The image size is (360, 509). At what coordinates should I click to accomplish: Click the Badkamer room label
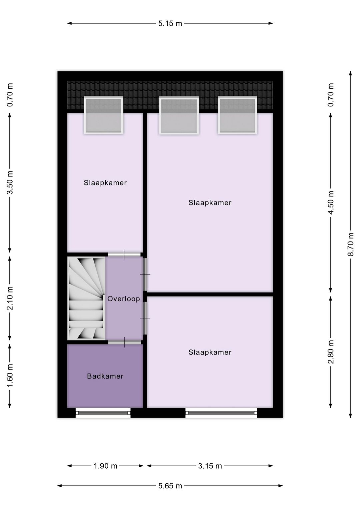pyautogui.click(x=105, y=376)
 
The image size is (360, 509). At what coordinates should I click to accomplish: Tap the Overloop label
pyautogui.click(x=123, y=299)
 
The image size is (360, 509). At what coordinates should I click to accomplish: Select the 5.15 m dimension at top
pyautogui.click(x=170, y=24)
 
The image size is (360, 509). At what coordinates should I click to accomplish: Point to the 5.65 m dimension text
pyautogui.click(x=170, y=486)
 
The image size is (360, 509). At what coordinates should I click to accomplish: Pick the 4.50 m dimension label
pyautogui.click(x=331, y=203)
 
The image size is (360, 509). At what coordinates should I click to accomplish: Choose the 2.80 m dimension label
pyautogui.click(x=331, y=352)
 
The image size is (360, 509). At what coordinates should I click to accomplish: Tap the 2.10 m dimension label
pyautogui.click(x=10, y=298)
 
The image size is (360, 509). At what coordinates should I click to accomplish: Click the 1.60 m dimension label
pyautogui.click(x=10, y=376)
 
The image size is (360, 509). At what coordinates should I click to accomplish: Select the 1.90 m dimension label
pyautogui.click(x=105, y=466)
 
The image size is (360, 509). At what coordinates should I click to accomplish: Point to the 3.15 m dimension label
pyautogui.click(x=210, y=466)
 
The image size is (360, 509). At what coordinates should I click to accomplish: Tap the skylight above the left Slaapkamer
pyautogui.click(x=104, y=115)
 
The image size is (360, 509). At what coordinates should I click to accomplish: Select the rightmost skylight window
pyautogui.click(x=238, y=115)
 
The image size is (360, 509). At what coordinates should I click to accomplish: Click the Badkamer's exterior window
pyautogui.click(x=103, y=413)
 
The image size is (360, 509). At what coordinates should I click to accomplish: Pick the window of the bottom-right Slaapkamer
pyautogui.click(x=221, y=413)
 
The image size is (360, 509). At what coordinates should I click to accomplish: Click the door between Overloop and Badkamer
pyautogui.click(x=124, y=342)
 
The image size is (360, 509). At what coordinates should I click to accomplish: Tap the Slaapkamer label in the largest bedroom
pyautogui.click(x=210, y=203)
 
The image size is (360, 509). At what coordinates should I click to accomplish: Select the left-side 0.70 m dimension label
pyautogui.click(x=10, y=95)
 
